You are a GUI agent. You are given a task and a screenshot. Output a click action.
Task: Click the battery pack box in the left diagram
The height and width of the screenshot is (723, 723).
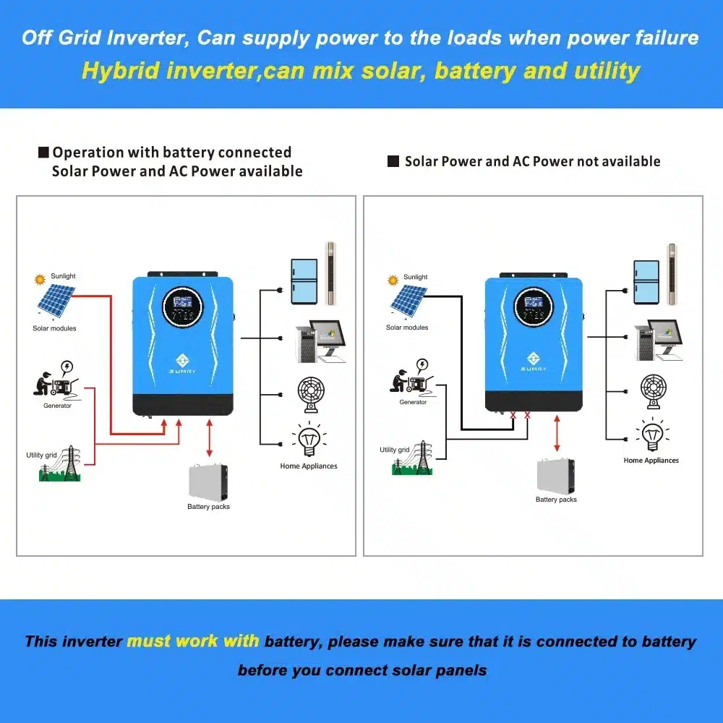click(x=208, y=482)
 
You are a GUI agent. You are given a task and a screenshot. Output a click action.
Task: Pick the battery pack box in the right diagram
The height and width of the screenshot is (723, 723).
click(x=556, y=476)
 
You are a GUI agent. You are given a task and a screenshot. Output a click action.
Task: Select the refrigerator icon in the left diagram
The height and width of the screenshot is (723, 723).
click(x=304, y=281)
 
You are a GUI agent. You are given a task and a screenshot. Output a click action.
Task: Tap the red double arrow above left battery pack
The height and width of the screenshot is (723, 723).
click(x=209, y=438)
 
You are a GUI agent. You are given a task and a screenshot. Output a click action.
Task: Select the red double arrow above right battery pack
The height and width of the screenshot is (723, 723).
click(x=557, y=433)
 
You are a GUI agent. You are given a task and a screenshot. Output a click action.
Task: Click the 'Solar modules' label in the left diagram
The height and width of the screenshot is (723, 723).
click(x=54, y=328)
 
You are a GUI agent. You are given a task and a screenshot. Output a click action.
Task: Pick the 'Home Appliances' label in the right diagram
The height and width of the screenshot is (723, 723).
click(x=651, y=461)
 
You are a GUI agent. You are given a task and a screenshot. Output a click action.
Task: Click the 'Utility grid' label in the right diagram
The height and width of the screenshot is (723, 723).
click(x=395, y=450)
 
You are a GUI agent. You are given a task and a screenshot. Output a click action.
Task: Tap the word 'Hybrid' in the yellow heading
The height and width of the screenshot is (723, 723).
click(x=123, y=71)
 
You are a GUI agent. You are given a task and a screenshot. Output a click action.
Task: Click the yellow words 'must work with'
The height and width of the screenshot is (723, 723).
click(x=194, y=641)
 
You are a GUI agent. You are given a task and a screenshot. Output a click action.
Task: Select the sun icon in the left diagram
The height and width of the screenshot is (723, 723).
click(x=40, y=278)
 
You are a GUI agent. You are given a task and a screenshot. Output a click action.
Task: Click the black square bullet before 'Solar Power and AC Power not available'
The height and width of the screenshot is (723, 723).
click(x=393, y=162)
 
